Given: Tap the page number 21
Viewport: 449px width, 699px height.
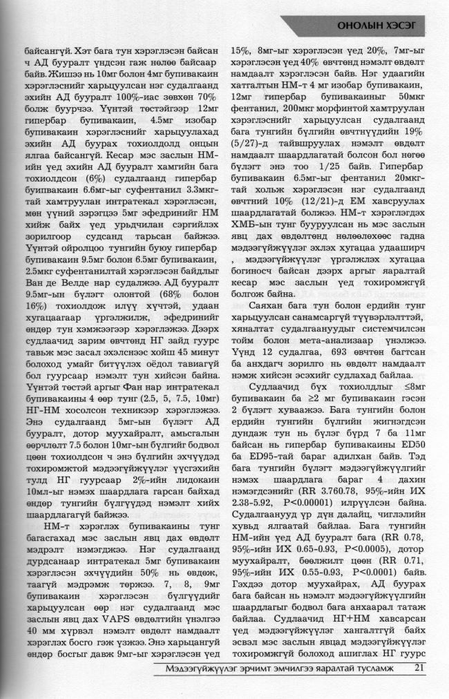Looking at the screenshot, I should click(x=419, y=668).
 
